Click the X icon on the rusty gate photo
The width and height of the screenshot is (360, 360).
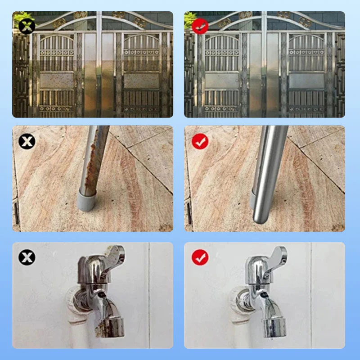pyautogui.click(x=27, y=26)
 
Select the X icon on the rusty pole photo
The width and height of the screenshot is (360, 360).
pyautogui.click(x=27, y=142)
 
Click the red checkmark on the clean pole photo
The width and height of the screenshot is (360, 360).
pyautogui.click(x=200, y=142)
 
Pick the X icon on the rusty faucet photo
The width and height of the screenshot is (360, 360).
pyautogui.click(x=27, y=257)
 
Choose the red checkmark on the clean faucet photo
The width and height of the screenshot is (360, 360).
pyautogui.click(x=200, y=257)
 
